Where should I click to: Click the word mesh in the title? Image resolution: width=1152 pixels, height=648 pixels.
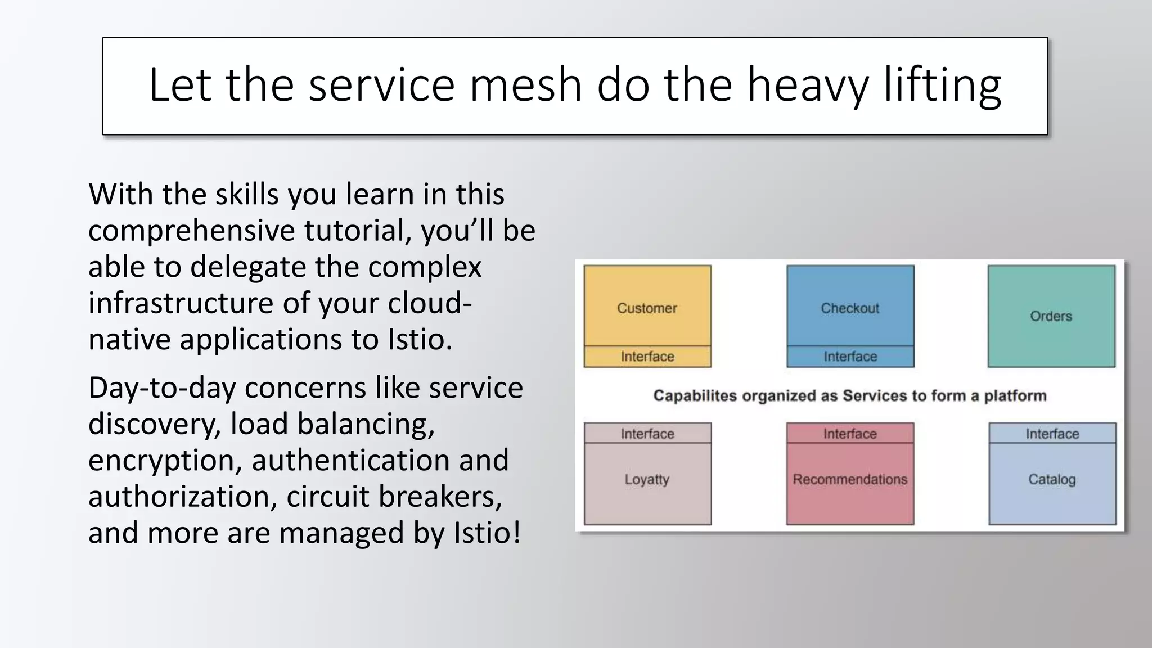tap(525, 85)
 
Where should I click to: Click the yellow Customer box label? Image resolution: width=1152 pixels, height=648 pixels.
tap(647, 308)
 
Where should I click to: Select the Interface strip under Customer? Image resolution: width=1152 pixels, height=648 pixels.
tap(647, 357)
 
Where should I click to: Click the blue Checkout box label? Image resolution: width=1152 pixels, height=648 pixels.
tap(850, 308)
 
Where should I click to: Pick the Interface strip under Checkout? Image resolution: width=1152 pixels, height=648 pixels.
tap(850, 357)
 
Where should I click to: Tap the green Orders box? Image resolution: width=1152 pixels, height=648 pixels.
tap(1051, 316)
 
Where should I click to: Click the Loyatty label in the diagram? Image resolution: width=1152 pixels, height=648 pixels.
tap(647, 479)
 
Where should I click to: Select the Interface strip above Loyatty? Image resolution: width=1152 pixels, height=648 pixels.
tap(647, 434)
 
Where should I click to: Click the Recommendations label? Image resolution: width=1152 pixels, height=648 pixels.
tap(850, 479)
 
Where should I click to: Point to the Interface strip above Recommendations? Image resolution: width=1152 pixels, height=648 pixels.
tap(850, 434)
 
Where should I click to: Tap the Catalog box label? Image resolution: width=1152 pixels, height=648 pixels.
tap(1052, 479)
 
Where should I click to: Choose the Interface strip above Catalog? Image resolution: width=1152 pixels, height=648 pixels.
tap(1052, 434)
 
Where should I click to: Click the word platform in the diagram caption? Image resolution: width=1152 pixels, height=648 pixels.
tap(1015, 396)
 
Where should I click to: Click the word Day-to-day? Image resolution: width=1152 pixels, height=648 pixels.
tap(161, 388)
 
